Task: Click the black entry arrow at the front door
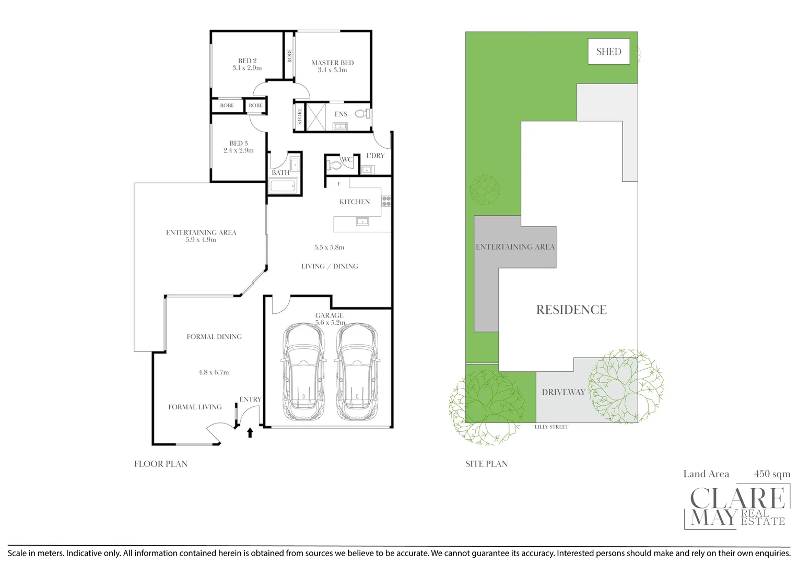pyautogui.click(x=250, y=432)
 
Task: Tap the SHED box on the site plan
pyautogui.click(x=609, y=51)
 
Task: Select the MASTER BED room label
pyautogui.click(x=332, y=63)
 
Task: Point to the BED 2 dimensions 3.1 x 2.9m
pyautogui.click(x=247, y=68)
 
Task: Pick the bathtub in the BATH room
pyautogui.click(x=283, y=185)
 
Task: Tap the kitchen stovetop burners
pyautogui.click(x=386, y=201)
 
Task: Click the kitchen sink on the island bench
pyautogui.click(x=362, y=221)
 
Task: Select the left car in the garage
pyautogui.click(x=303, y=371)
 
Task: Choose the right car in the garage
pyautogui.click(x=357, y=371)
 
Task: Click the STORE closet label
pyautogui.click(x=300, y=116)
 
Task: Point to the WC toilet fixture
pyautogui.click(x=333, y=166)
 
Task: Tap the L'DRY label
pyautogui.click(x=375, y=156)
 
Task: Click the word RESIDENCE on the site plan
pyautogui.click(x=571, y=310)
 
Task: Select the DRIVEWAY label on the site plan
pyautogui.click(x=564, y=392)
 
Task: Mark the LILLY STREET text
pyautogui.click(x=551, y=427)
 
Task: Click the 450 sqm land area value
pyautogui.click(x=772, y=474)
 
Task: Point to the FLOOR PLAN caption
pyautogui.click(x=161, y=464)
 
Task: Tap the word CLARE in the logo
pyautogui.click(x=738, y=498)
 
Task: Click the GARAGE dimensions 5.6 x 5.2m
pyautogui.click(x=330, y=323)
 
